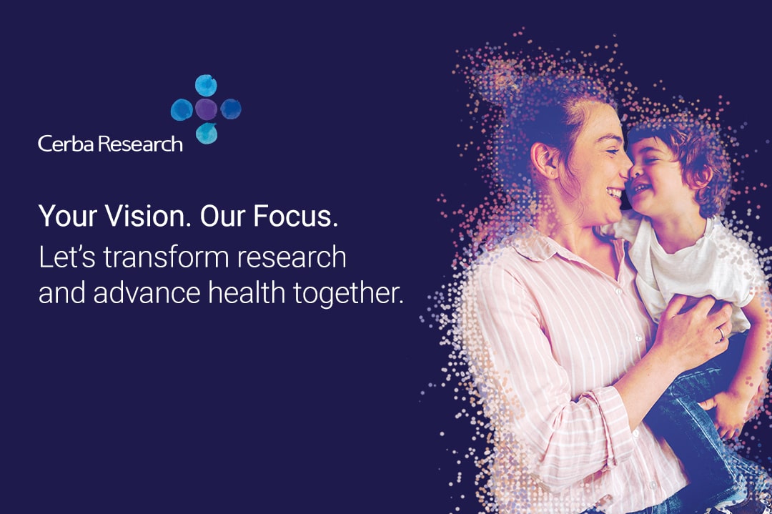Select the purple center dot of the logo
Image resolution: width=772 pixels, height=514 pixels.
tap(206, 109)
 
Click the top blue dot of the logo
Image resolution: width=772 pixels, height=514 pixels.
tap(206, 85)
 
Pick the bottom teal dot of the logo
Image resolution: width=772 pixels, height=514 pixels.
tap(207, 134)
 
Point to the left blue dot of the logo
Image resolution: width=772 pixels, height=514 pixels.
tap(182, 109)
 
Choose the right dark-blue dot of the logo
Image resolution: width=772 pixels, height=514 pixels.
tap(230, 109)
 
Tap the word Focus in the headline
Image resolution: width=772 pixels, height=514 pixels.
tap(295, 216)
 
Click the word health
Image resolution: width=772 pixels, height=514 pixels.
tap(247, 292)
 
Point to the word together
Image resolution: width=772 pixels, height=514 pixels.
tap(348, 294)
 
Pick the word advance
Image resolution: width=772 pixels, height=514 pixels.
tap(147, 292)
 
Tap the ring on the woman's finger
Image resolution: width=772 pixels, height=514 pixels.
tap(721, 333)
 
